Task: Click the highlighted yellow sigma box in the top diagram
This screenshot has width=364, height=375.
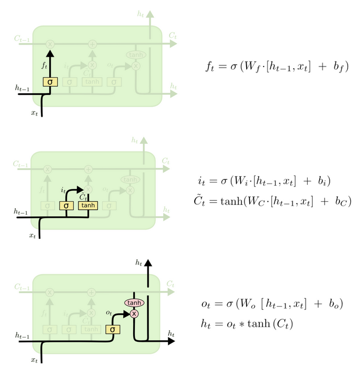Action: pyautogui.click(x=50, y=82)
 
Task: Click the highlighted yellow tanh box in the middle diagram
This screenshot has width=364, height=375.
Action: pyautogui.click(x=87, y=205)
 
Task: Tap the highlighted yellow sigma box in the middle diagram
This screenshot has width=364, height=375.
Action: pyautogui.click(x=66, y=205)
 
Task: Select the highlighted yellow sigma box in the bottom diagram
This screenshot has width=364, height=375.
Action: pyautogui.click(x=112, y=329)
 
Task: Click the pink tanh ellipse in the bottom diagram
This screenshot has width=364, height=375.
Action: pyautogui.click(x=134, y=303)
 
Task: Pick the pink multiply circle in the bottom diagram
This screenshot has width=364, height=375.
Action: pyautogui.click(x=134, y=314)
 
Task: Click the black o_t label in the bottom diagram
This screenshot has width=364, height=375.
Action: pyautogui.click(x=109, y=313)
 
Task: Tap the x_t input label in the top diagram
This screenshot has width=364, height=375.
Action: pyautogui.click(x=34, y=113)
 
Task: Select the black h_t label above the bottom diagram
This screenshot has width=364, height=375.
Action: pyautogui.click(x=139, y=263)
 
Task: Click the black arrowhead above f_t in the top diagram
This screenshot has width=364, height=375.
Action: pyautogui.click(x=50, y=53)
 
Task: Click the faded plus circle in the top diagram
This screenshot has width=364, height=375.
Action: pyautogui.click(x=92, y=43)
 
